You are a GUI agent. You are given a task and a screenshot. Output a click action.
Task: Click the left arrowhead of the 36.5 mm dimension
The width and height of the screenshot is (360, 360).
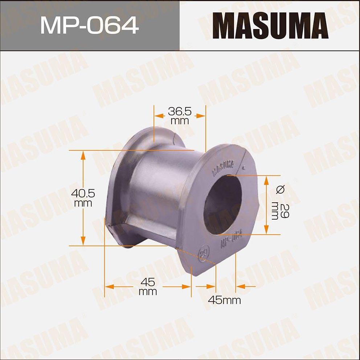click(159, 115)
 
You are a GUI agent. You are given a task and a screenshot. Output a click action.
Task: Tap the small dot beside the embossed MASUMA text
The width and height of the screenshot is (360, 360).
click(244, 167)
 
